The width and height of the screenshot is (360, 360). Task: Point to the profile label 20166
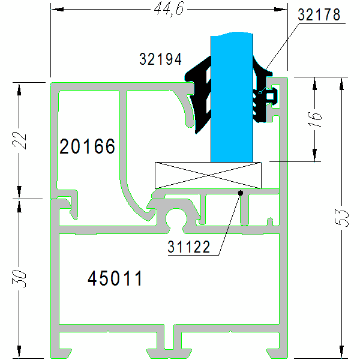(87, 146)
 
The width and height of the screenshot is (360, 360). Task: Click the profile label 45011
(115, 278)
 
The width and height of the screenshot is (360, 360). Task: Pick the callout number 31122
(189, 247)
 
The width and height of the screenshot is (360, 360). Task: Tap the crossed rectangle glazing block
(208, 175)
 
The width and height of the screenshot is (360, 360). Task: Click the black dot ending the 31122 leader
(240, 193)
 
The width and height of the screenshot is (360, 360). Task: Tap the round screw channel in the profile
(176, 220)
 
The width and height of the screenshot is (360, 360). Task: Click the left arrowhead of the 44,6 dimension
(56, 9)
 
